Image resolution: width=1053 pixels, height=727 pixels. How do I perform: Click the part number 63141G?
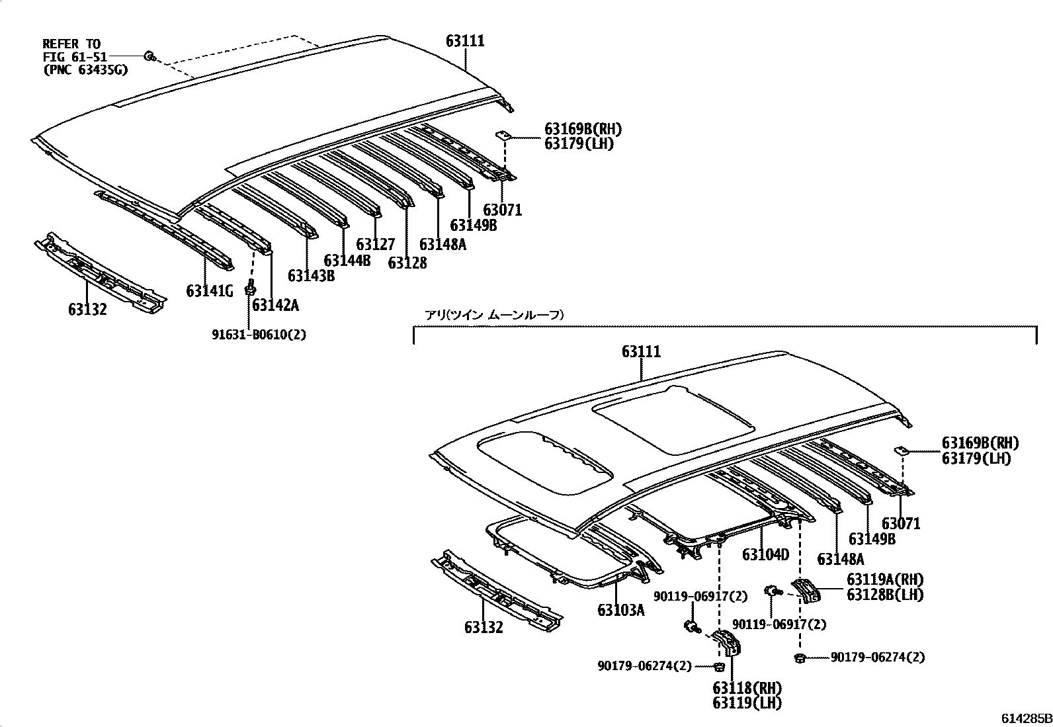(210, 291)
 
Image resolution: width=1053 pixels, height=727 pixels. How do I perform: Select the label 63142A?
(275, 305)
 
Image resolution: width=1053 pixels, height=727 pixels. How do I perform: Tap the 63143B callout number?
(311, 275)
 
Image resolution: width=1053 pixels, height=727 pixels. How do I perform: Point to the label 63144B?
(347, 260)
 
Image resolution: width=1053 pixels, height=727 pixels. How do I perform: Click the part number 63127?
(375, 245)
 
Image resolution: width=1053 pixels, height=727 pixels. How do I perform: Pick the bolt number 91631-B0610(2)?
(259, 335)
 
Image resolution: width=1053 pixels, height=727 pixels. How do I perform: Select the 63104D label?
(766, 554)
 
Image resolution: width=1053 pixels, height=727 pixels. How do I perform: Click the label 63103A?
(620, 610)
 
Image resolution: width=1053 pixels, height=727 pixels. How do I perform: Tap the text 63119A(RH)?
(885, 580)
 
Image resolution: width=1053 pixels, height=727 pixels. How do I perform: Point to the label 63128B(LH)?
(885, 595)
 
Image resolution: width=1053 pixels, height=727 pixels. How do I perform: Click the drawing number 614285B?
(1025, 718)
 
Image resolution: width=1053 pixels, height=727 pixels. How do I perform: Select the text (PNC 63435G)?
(85, 69)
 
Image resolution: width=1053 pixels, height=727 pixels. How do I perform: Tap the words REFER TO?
(72, 44)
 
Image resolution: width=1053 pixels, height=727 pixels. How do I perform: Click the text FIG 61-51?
(75, 57)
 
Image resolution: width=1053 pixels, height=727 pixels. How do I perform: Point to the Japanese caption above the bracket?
(494, 316)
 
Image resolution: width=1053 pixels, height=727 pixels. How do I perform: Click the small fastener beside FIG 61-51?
(150, 57)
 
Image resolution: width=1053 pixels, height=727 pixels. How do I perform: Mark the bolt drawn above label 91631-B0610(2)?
(250, 288)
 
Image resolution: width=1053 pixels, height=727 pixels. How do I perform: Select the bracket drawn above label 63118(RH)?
(728, 642)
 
